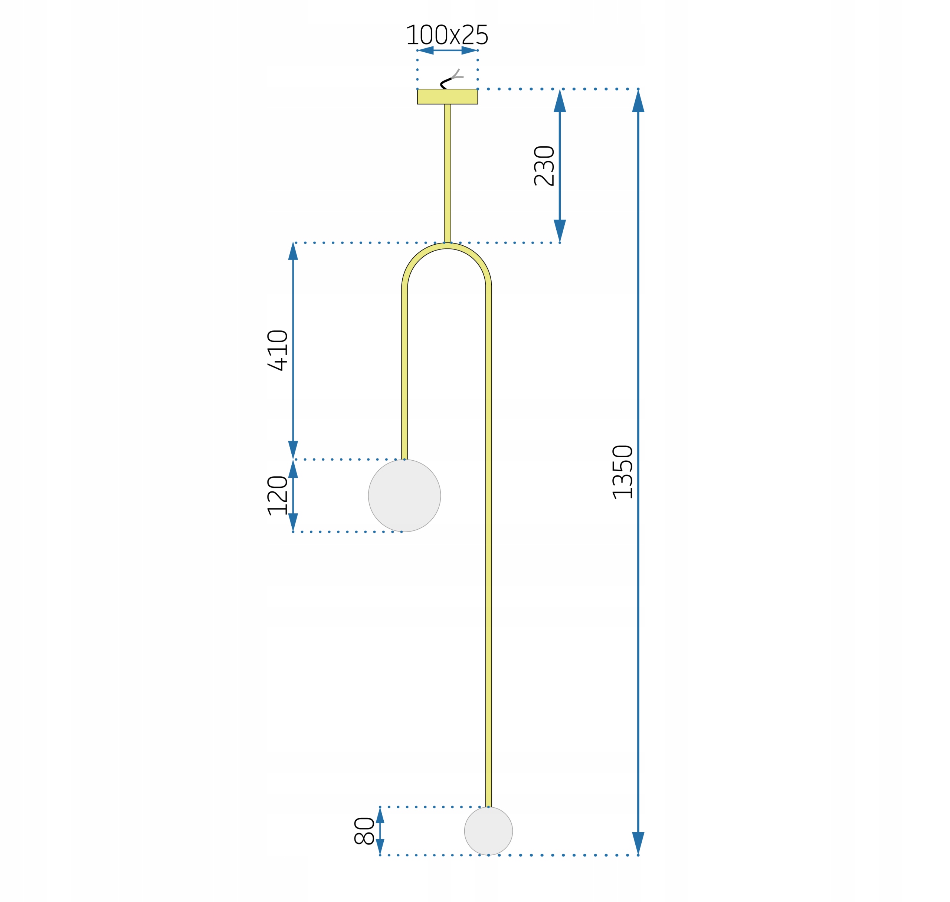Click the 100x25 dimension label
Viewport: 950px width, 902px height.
click(447, 35)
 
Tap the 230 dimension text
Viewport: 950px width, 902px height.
click(544, 166)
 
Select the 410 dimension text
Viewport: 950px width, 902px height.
click(278, 350)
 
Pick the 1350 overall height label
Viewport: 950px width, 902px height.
click(622, 472)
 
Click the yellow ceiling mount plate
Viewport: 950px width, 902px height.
click(447, 97)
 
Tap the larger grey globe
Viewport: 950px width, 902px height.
click(404, 495)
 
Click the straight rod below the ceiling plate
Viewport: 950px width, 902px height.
click(448, 174)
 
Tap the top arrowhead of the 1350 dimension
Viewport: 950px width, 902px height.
click(638, 101)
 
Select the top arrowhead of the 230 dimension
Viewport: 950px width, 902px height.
click(560, 101)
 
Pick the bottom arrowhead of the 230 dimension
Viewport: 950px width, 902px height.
click(560, 231)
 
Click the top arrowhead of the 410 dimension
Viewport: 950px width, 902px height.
click(293, 251)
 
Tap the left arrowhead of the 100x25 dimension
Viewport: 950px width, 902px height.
click(426, 50)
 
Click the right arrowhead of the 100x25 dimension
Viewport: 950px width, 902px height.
click(469, 50)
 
